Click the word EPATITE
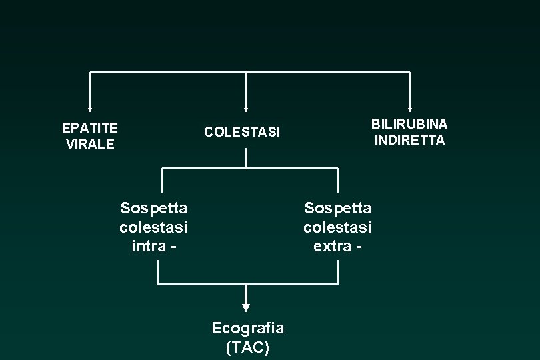pos(89,127)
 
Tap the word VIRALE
pos(90,144)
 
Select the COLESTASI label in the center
pos(243,132)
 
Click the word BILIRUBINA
pos(409,124)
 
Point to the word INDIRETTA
pos(409,140)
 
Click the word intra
pos(149,246)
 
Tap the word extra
pos(333,246)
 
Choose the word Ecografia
pos(247,328)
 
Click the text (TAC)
pos(247,347)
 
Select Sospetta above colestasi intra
pos(153,208)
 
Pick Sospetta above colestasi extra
pos(337,208)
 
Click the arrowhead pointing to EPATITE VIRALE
pos(90,109)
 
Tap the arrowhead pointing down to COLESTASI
pos(246,109)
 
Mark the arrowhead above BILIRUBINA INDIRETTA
pos(409,109)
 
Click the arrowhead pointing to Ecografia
pos(246,307)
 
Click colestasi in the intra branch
pos(153,227)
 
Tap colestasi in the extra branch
pos(337,227)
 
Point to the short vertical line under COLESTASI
pos(246,157)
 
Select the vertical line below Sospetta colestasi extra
pos(338,272)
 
